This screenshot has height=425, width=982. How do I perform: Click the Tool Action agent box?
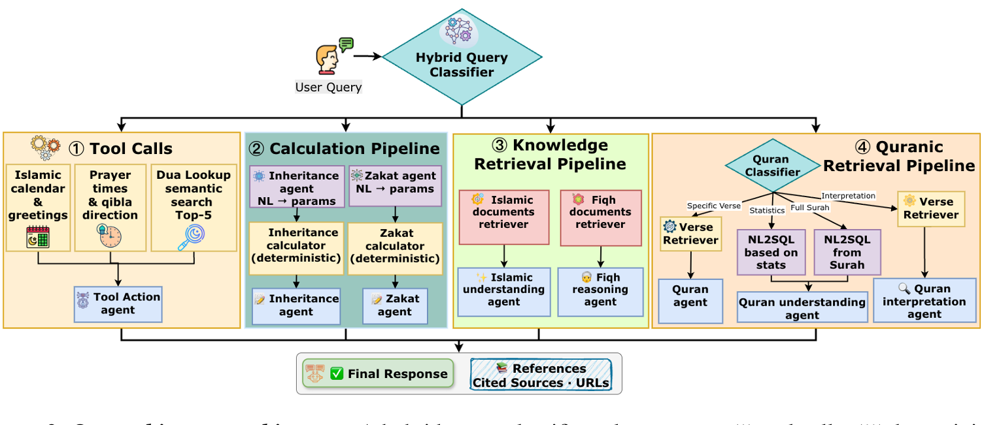pos(118,304)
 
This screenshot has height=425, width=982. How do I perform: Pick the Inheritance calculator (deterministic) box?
pos(296,245)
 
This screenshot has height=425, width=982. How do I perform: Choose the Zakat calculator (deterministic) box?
pos(395,246)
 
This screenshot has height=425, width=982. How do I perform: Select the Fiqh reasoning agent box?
pos(600,290)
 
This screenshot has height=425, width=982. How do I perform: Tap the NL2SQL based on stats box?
pos(771,252)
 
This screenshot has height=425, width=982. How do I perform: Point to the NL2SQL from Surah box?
pos(847,252)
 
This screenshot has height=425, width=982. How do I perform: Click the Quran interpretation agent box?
pos(924,301)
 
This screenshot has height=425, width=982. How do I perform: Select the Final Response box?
pos(379,374)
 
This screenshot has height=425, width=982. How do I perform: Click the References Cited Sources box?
pos(541,375)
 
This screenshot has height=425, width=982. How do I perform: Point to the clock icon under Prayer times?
pos(110,235)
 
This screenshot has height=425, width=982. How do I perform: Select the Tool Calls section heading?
pos(120,148)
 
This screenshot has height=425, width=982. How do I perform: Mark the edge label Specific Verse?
pos(713,206)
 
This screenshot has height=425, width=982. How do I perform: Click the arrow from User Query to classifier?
pos(367,56)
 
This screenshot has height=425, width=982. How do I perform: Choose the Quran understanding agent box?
pos(802,308)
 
